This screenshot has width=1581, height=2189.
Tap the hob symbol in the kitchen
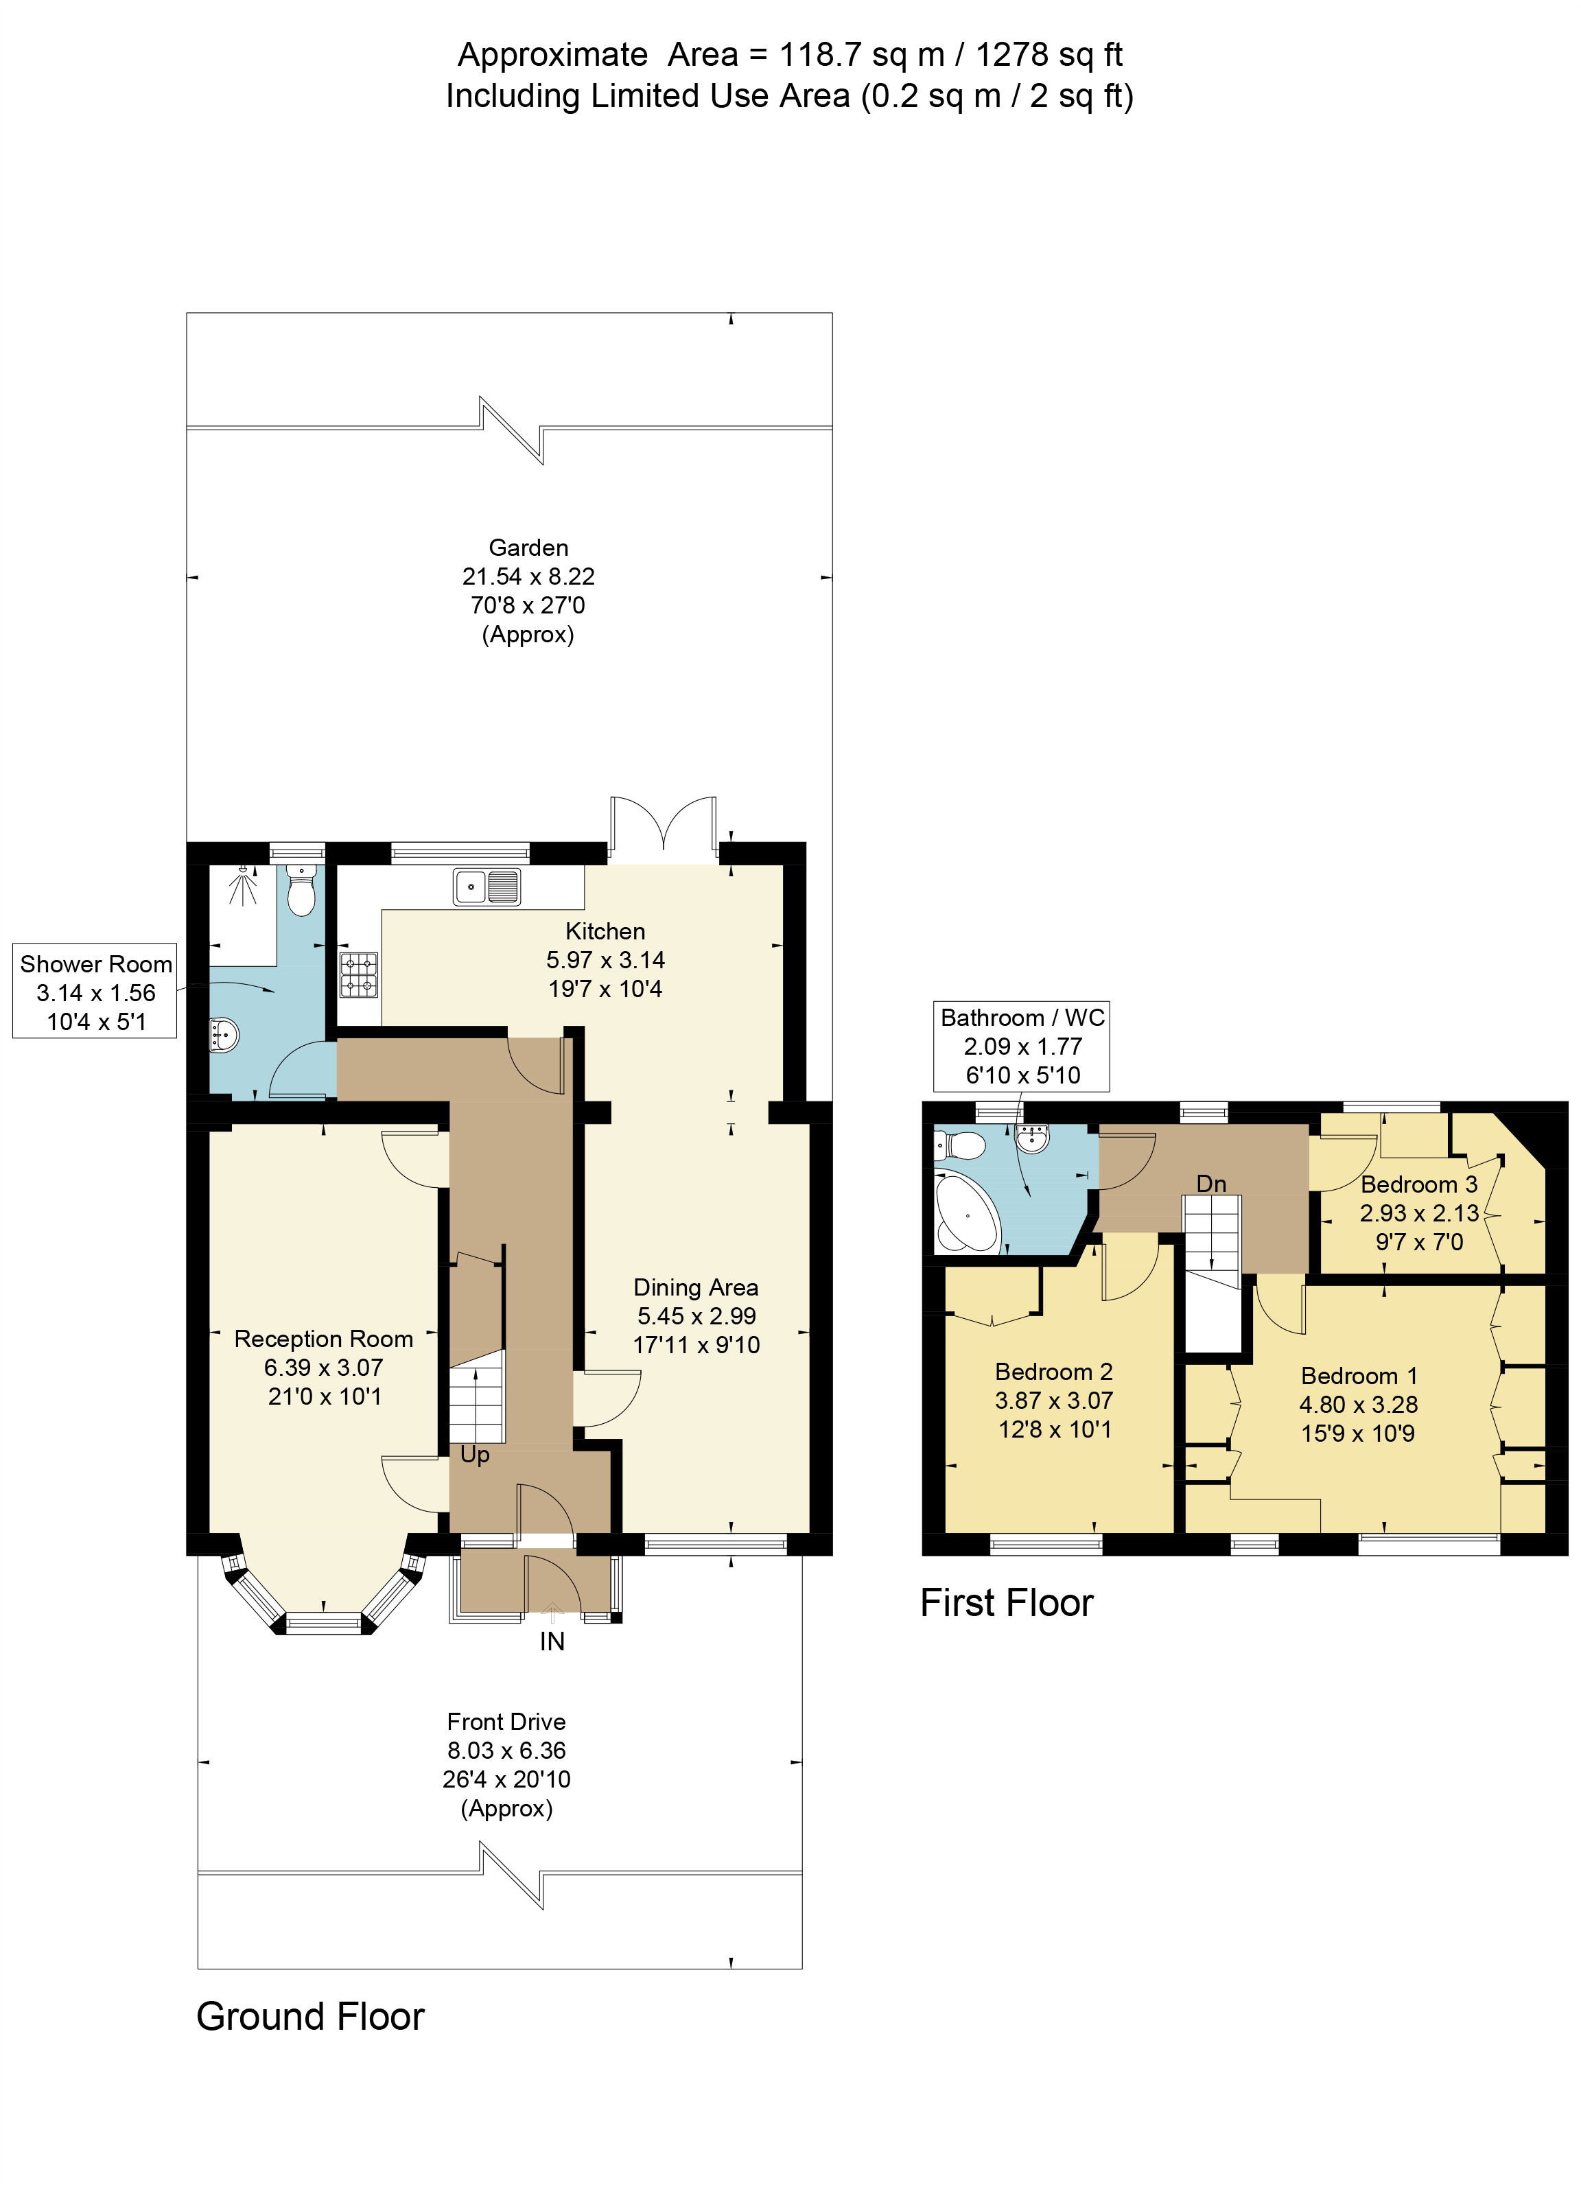(358, 975)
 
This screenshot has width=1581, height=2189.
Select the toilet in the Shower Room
(301, 891)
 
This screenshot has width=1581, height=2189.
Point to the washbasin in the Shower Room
(223, 1035)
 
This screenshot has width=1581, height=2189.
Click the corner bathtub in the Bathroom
(966, 1211)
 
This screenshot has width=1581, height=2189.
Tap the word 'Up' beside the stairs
(474, 1455)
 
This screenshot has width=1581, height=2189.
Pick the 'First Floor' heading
(1006, 1602)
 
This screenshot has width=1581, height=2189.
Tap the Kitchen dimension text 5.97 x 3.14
(605, 959)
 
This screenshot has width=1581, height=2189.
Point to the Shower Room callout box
(95, 992)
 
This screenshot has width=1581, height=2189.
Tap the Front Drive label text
(506, 1721)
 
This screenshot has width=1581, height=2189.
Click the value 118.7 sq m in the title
(861, 55)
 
